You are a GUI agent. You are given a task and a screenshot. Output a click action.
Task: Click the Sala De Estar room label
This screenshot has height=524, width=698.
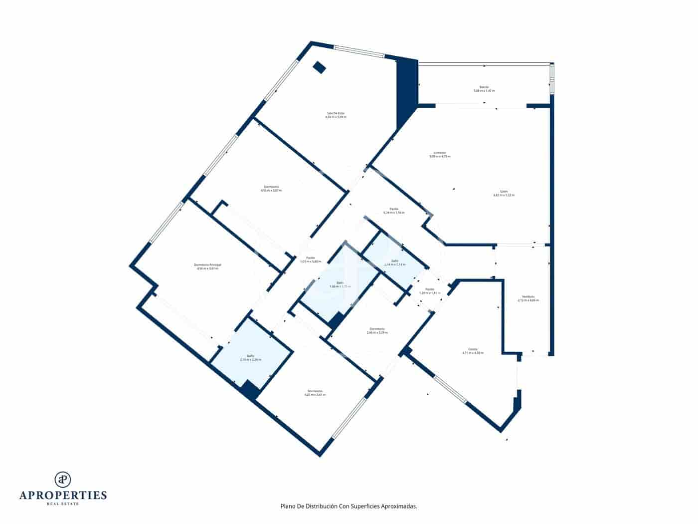click(x=336, y=115)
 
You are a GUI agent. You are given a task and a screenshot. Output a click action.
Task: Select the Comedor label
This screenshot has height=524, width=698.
click(x=439, y=154)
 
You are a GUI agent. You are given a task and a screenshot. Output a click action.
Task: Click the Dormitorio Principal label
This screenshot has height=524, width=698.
click(x=207, y=266)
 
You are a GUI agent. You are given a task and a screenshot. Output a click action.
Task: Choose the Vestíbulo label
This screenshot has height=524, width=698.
click(x=528, y=298)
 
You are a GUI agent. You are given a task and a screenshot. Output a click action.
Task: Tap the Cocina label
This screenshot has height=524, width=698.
click(x=473, y=350)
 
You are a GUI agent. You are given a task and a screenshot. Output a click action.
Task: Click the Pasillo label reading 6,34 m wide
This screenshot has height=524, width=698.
click(x=394, y=211)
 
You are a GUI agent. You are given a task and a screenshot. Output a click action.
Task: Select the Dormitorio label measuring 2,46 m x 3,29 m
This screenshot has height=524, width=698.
click(x=377, y=330)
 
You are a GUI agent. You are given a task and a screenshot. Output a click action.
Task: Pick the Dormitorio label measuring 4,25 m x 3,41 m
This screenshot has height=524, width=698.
click(x=315, y=392)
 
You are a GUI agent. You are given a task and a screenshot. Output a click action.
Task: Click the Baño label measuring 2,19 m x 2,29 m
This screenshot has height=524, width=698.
click(x=250, y=358)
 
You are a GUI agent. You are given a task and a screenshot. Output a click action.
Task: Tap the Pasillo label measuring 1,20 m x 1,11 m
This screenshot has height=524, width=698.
click(x=430, y=291)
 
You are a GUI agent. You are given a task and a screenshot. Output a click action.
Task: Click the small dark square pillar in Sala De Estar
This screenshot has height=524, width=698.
click(x=319, y=67)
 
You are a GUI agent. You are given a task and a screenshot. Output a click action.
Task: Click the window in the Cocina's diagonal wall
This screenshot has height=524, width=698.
click(x=450, y=389)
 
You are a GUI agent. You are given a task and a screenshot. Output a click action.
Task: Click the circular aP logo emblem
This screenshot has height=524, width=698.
click(x=63, y=479)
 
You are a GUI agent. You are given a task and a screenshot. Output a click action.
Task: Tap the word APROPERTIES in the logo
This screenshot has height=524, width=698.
click(x=63, y=495)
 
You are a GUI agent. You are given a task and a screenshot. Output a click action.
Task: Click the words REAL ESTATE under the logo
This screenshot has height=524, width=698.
click(x=63, y=504)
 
